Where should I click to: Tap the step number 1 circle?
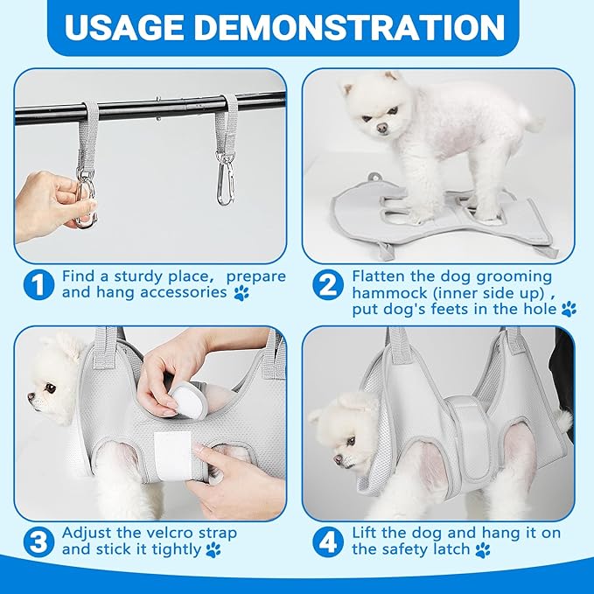click(x=39, y=284)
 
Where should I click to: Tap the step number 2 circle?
click(x=328, y=284)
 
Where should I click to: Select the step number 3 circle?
click(x=39, y=542)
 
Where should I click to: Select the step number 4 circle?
click(x=328, y=542)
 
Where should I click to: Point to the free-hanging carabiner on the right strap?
click(x=225, y=178)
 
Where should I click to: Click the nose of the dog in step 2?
click(x=381, y=128)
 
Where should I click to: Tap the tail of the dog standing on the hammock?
click(x=532, y=119)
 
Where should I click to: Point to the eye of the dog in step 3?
click(x=50, y=388)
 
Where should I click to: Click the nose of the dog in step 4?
click(x=338, y=459)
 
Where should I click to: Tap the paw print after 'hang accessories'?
click(x=241, y=293)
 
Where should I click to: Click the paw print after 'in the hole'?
click(x=569, y=310)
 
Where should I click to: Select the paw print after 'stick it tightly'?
click(x=213, y=550)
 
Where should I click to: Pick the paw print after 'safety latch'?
click(x=483, y=550)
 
